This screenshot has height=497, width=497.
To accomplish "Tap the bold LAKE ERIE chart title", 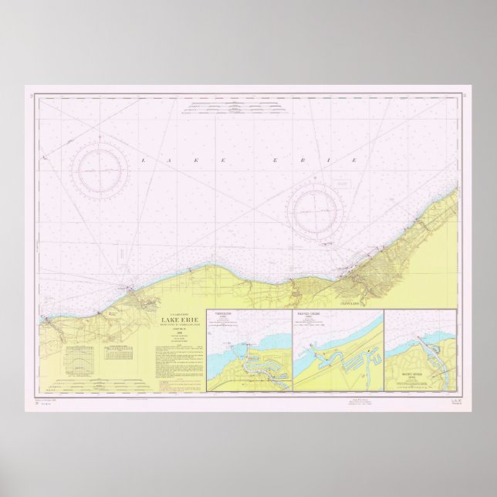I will pos(177,320).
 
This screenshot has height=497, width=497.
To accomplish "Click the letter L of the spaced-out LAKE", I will pos(142,159).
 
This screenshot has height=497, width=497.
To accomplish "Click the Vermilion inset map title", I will pos(223,315).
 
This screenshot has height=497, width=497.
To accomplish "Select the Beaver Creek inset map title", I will pos(309,315).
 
